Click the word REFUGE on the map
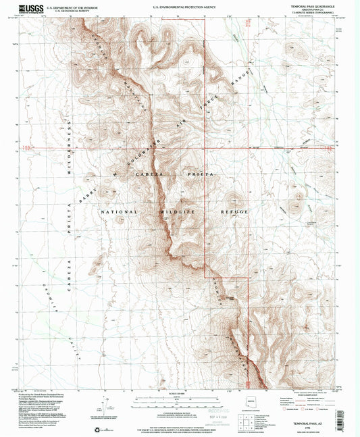click(x=235, y=211)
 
